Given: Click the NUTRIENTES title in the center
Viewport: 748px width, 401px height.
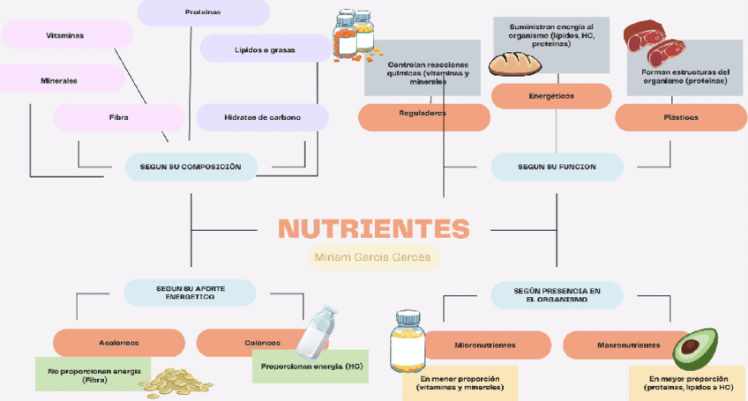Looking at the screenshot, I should point(373,229).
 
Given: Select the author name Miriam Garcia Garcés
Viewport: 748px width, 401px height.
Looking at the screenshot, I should point(373,257).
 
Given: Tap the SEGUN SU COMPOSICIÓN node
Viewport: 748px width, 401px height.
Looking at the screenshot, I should point(191,167).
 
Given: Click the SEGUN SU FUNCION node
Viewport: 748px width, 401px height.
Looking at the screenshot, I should point(557,167).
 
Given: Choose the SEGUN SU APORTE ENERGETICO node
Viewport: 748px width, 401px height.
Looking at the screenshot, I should point(190,293).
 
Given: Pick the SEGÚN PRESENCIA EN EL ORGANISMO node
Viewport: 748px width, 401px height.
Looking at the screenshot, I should point(557,294).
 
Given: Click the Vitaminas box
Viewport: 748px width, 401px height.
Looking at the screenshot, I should point(66,35).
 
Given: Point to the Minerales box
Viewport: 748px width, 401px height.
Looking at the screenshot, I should point(60,80).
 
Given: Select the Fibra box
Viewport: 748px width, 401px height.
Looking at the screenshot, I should point(118,117).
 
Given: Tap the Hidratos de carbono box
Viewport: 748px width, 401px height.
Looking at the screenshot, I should point(262,117).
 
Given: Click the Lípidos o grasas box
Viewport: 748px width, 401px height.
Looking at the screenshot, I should point(265,49).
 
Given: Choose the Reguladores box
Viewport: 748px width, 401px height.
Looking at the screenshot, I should point(423,115).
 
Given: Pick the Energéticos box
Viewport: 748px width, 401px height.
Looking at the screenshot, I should point(551,95).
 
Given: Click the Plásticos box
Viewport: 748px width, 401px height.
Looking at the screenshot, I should point(680,117).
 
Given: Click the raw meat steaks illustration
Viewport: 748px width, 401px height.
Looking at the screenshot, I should point(654,41).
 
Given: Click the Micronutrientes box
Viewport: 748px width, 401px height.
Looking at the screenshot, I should point(484,345).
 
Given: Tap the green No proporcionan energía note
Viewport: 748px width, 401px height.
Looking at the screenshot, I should point(93,375).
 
